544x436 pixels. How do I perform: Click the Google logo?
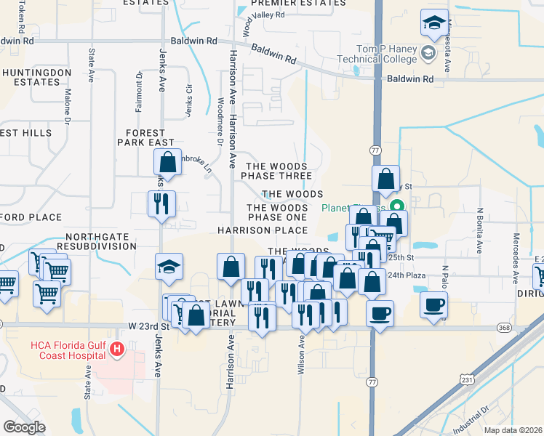click(24, 427)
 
